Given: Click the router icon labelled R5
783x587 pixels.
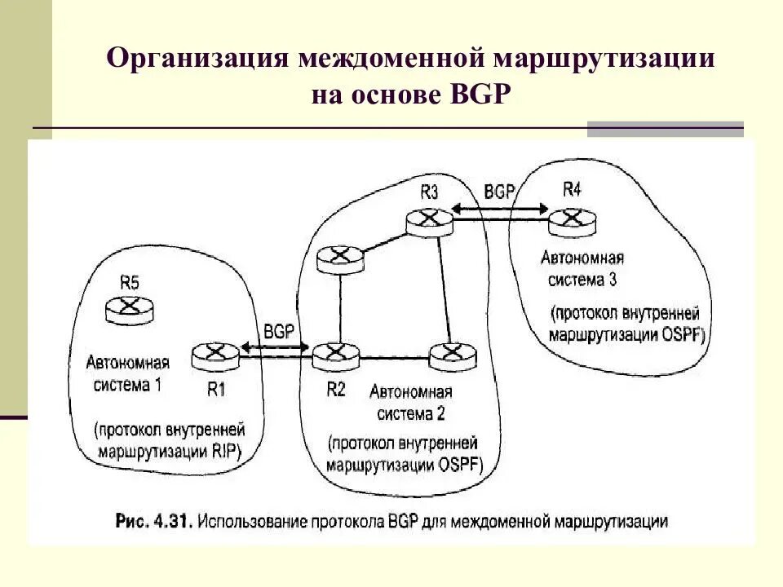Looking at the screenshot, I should (x=128, y=308).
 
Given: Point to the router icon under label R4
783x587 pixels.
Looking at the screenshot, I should (x=572, y=218).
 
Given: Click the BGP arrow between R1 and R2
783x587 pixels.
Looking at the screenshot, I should (x=275, y=350).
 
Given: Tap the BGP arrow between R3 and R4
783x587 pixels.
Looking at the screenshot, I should (x=499, y=210).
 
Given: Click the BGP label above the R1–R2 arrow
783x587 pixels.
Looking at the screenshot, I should (x=279, y=332).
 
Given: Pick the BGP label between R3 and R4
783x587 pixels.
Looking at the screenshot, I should (x=499, y=192).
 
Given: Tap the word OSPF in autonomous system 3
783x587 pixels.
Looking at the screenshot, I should (x=684, y=335).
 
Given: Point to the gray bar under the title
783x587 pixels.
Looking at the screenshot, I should (x=666, y=129).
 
